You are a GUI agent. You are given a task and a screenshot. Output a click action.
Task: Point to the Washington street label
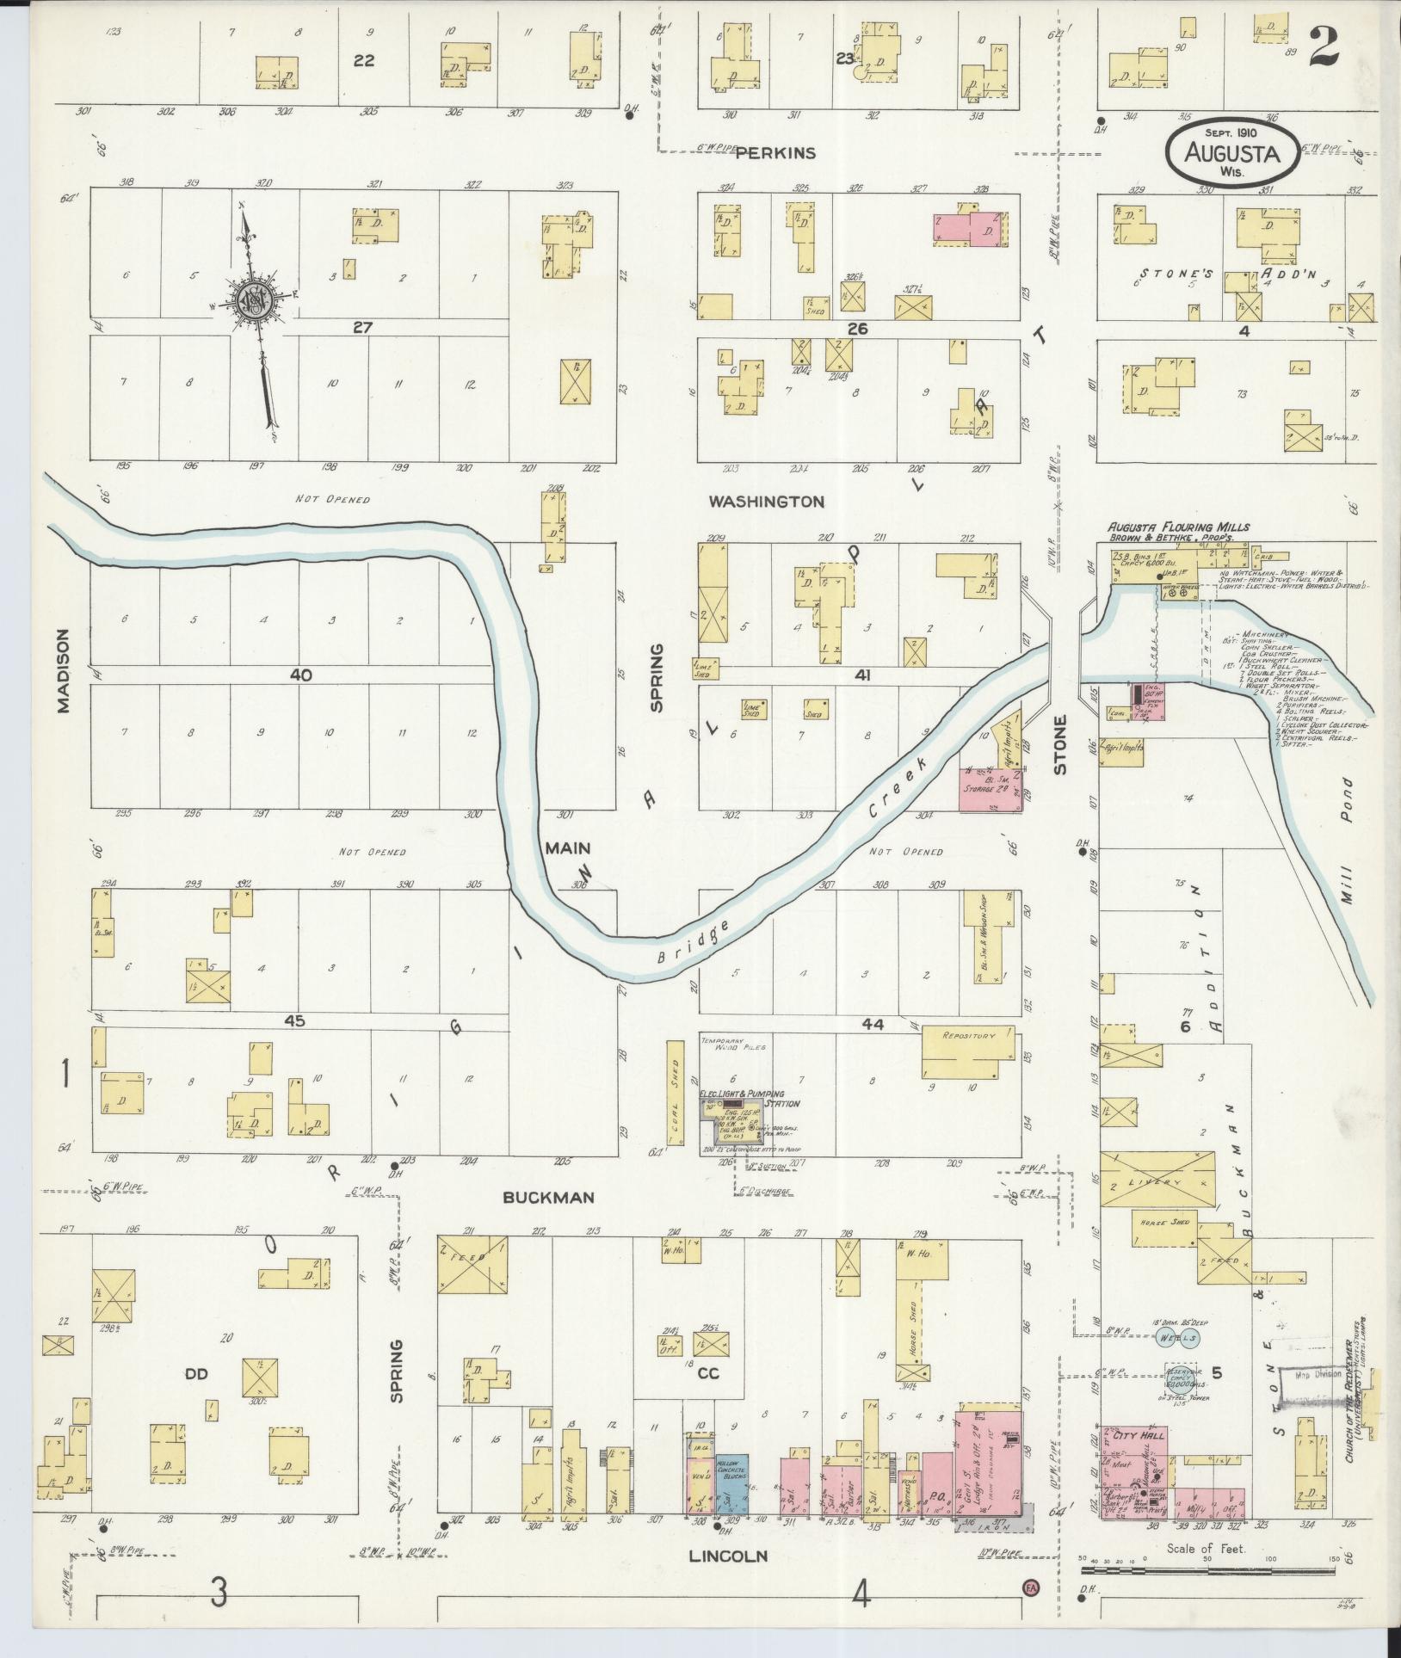click(766, 501)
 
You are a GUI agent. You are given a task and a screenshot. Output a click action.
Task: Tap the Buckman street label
click(549, 1197)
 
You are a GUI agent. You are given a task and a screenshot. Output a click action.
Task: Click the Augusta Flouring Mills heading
click(1178, 527)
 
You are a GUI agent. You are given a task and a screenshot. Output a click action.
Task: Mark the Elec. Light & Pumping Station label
click(749, 1098)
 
